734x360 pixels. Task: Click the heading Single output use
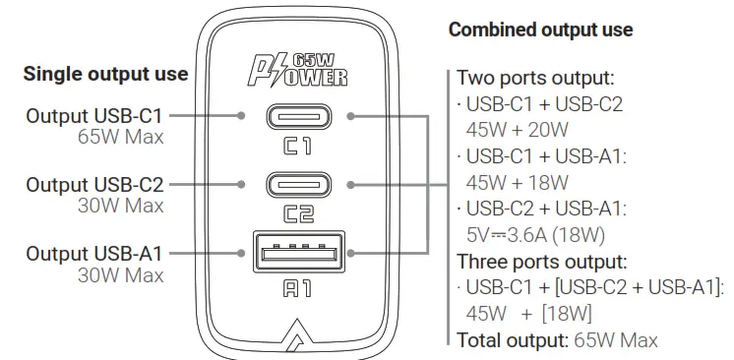(x=105, y=74)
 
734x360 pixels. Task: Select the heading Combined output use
(x=540, y=30)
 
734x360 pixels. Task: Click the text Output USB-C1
(x=95, y=116)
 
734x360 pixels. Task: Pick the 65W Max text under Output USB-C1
(x=120, y=138)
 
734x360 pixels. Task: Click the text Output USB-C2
(x=95, y=184)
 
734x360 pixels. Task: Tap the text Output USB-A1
(x=95, y=253)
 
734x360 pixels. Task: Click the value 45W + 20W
(x=517, y=129)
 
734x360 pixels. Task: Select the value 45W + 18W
(x=518, y=182)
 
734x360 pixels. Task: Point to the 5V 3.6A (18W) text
(x=536, y=235)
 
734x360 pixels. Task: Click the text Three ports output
(x=540, y=262)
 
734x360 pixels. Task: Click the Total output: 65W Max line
(x=557, y=340)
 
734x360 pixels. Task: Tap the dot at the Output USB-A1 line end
(x=242, y=253)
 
